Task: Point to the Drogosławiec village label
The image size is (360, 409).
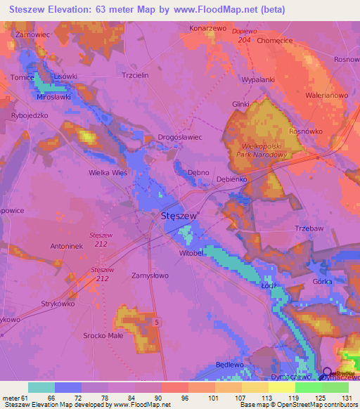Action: click(179, 138)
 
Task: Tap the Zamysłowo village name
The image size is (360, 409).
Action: click(150, 276)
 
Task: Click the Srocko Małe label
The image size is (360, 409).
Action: click(103, 336)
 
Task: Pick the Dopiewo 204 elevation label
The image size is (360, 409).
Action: click(245, 36)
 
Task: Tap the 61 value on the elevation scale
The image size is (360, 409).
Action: click(25, 398)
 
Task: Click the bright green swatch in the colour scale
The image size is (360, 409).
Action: click(309, 387)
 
